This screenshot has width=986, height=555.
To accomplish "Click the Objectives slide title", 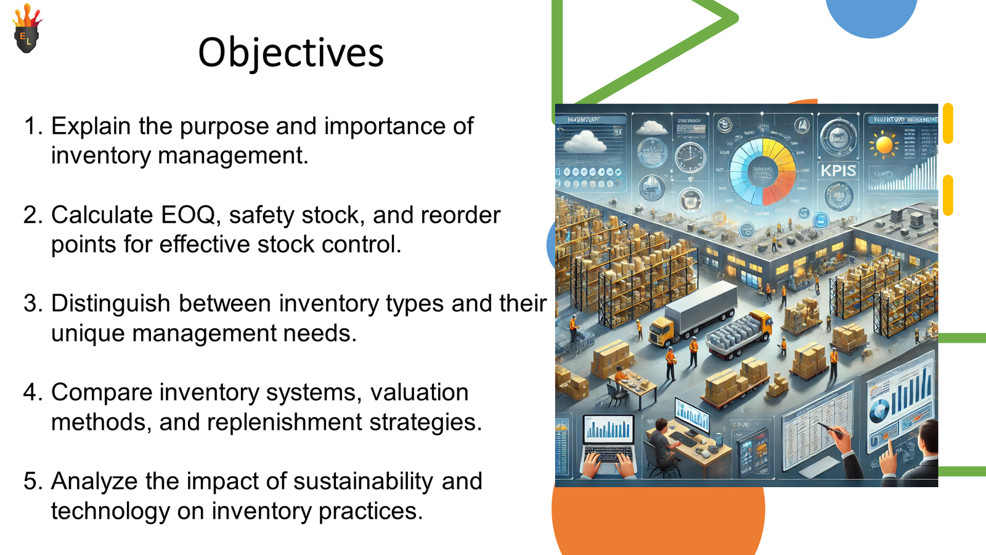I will click(290, 52).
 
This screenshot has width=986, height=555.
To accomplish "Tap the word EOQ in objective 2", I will click(187, 215).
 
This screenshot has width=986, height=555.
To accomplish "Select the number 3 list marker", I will click(32, 304).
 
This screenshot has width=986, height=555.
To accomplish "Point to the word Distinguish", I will click(110, 304).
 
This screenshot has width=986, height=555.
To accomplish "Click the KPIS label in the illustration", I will click(838, 171).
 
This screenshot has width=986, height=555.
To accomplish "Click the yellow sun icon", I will click(884, 146).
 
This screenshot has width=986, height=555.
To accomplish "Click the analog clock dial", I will click(690, 157).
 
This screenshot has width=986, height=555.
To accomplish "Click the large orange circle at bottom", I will click(658, 518).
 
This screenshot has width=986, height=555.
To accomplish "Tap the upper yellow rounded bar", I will click(948, 124).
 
